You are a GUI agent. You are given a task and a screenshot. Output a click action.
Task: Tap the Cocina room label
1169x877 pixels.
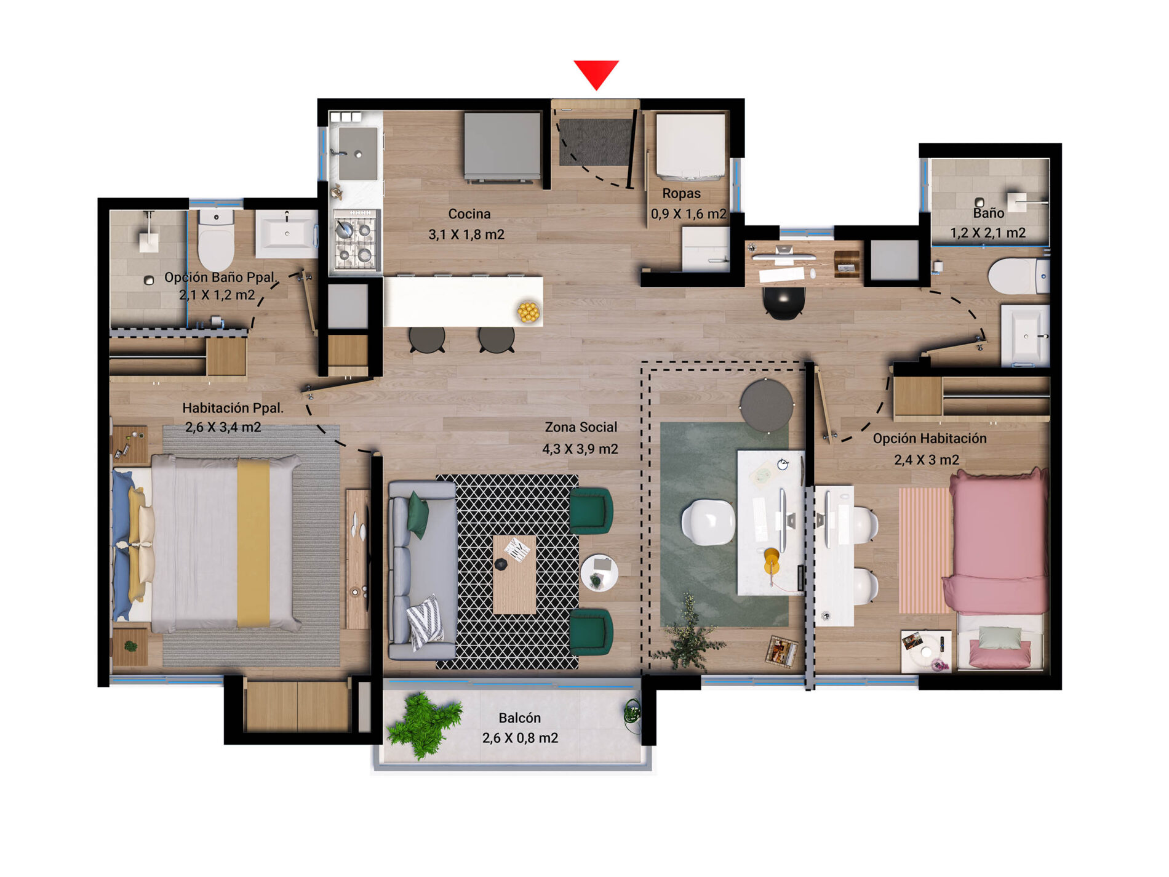[x=469, y=214]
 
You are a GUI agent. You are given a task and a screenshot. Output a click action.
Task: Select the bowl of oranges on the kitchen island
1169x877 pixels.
[x=529, y=312]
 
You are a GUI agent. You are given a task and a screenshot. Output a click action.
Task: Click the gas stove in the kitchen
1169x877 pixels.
[x=356, y=240]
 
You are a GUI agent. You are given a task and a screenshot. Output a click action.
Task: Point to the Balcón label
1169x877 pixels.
[x=520, y=718]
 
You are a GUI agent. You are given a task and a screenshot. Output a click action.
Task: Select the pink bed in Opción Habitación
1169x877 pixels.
[x=997, y=542]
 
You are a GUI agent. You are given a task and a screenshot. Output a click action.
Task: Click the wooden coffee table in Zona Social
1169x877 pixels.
[x=514, y=574]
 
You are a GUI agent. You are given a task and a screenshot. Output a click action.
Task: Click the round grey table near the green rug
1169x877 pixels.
[x=767, y=406]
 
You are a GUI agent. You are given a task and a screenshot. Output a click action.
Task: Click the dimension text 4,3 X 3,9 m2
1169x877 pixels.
[x=580, y=449]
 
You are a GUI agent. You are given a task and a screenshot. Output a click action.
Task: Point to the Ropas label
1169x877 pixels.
[x=681, y=193]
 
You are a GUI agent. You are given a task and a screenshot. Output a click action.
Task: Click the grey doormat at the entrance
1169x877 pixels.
[x=596, y=142]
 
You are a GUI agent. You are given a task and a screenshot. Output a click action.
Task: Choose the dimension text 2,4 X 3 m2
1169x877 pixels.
[x=927, y=460]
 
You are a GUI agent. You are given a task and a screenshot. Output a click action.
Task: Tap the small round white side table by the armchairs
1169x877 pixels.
[x=599, y=572]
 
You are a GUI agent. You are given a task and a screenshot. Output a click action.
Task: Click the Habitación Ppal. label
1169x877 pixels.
[x=233, y=408]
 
